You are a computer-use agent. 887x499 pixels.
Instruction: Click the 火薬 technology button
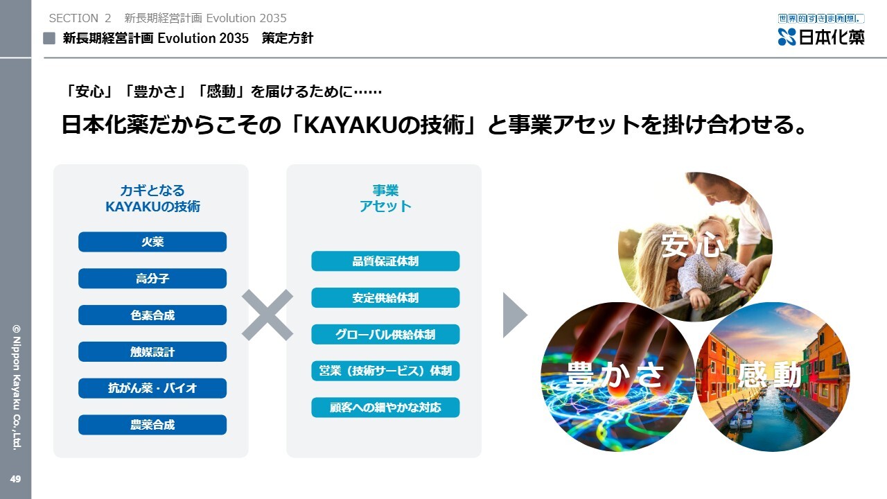coord(152,242)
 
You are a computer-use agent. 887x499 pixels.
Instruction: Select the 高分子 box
coord(152,279)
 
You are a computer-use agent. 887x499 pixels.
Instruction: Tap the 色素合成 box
coord(152,315)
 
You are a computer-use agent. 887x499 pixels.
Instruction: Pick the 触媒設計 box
coord(152,351)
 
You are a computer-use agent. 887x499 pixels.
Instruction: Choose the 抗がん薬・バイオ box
coord(152,388)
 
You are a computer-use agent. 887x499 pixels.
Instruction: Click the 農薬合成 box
coord(152,425)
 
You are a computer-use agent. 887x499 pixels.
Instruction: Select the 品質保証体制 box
coord(385,261)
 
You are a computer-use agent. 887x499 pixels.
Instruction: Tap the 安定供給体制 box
coord(385,297)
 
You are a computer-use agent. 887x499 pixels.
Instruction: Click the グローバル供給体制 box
coord(385,334)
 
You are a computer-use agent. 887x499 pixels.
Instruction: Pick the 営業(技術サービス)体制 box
coord(385,371)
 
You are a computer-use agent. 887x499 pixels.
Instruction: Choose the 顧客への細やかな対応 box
coord(385,407)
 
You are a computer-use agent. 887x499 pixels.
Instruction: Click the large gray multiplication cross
coord(267,315)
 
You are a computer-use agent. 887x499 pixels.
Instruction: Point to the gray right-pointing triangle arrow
coord(515,315)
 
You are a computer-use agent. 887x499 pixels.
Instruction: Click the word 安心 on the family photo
coord(692,245)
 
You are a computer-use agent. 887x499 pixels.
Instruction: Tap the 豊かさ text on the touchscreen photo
coord(615,374)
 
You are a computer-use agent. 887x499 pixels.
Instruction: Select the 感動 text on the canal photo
coord(770,375)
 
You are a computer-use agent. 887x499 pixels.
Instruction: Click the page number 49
coord(15,479)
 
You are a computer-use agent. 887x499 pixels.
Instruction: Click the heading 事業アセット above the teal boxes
coord(385,198)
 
